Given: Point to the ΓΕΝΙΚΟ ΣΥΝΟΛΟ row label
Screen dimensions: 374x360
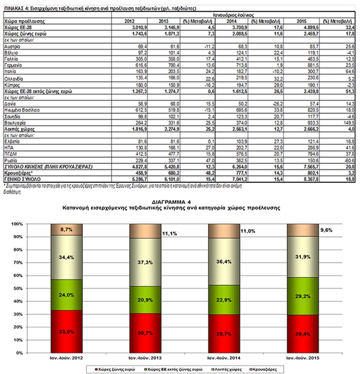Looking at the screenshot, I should coord(22,179).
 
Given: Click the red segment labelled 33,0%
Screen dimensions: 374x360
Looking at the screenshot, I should coord(66,332).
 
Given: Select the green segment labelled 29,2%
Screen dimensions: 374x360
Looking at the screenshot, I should coord(303,295).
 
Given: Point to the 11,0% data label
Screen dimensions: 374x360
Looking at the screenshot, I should coord(248,231).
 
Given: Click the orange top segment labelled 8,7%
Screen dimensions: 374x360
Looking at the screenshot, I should coord(66,229).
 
